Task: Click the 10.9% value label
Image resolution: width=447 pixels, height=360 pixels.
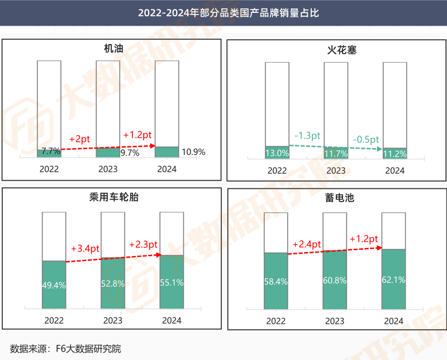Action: click(193, 151)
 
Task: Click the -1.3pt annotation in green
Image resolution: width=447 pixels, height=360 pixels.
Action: click(307, 136)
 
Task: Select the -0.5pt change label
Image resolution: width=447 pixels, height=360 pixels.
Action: click(366, 139)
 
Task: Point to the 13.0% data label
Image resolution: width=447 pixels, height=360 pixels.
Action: click(277, 153)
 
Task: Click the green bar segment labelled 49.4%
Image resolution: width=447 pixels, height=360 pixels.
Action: click(54, 285)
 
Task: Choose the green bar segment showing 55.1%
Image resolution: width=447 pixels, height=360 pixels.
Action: click(172, 282)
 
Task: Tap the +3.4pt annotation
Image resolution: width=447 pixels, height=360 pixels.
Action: click(85, 248)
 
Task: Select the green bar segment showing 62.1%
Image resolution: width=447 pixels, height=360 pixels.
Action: click(393, 279)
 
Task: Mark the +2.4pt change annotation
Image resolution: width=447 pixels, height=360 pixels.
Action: click(307, 244)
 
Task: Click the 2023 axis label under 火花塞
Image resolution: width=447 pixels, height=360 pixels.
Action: click(336, 170)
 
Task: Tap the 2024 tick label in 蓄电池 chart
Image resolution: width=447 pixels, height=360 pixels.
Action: click(393, 321)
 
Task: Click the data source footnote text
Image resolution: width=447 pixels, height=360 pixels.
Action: click(65, 349)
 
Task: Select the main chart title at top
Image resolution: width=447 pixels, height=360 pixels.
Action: click(223, 12)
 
